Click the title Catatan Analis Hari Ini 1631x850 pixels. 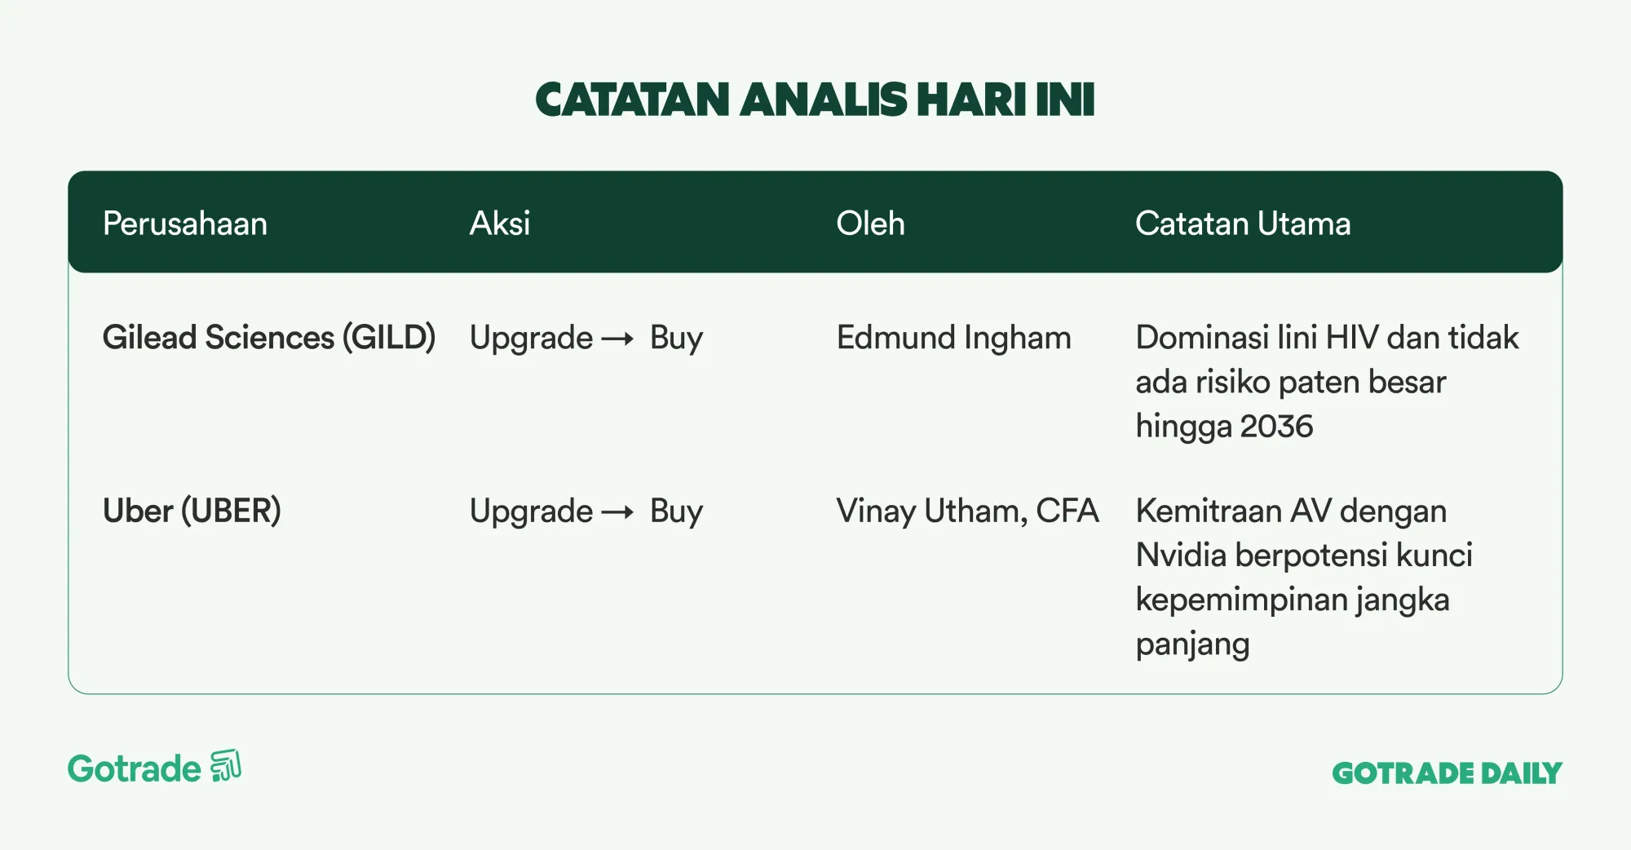pyautogui.click(x=815, y=100)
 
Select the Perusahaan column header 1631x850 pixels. pyautogui.click(x=185, y=224)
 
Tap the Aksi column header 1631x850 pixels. pyautogui.click(x=500, y=224)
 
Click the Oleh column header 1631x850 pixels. pyautogui.click(x=870, y=224)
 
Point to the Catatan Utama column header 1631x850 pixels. pyautogui.click(x=1243, y=224)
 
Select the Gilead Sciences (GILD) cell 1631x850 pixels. pyautogui.click(x=269, y=338)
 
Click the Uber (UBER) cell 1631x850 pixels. pyautogui.click(x=192, y=511)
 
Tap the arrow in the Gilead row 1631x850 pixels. pyautogui.click(x=617, y=339)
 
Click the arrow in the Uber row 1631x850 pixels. pyautogui.click(x=617, y=512)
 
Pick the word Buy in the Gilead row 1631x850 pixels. pyautogui.click(x=676, y=339)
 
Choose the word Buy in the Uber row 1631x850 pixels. pyautogui.click(x=676, y=512)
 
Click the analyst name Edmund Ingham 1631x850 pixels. pyautogui.click(x=953, y=339)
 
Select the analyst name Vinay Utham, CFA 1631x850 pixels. pyautogui.click(x=967, y=511)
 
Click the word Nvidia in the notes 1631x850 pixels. pyautogui.click(x=1182, y=556)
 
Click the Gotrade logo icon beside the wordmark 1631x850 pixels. pyautogui.click(x=226, y=766)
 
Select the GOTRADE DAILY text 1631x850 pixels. pyautogui.click(x=1447, y=773)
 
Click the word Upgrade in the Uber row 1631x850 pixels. pyautogui.click(x=531, y=512)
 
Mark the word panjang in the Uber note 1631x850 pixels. pyautogui.click(x=1192, y=645)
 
